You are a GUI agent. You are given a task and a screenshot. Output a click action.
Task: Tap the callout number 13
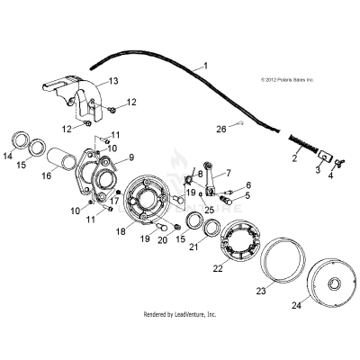113,82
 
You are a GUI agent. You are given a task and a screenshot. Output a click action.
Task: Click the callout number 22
218,269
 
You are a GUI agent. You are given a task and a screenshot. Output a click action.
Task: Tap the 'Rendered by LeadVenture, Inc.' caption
180,314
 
